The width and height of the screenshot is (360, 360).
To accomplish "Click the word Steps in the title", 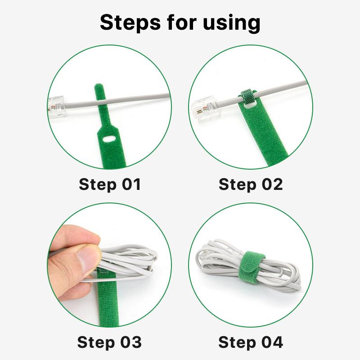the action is (130, 22).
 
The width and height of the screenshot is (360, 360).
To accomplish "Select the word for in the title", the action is (182, 22).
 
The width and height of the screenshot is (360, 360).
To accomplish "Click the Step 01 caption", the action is (110, 184).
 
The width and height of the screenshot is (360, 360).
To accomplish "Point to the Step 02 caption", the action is (251, 184).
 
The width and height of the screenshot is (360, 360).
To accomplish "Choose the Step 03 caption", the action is (109, 342).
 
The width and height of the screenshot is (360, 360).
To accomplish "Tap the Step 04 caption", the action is (251, 342).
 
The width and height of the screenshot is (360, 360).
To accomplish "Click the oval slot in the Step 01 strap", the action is (109, 139).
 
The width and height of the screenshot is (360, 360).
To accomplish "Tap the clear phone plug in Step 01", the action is (57, 107).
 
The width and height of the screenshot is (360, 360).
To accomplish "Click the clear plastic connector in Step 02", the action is (205, 108).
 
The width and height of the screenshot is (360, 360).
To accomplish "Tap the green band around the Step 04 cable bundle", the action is (252, 267).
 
